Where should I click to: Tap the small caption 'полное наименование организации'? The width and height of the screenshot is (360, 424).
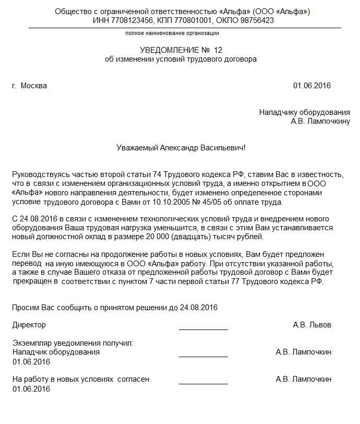[x=172, y=33]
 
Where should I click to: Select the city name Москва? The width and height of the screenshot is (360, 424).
[x=34, y=86]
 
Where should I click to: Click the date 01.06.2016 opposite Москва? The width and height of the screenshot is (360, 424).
[x=311, y=86]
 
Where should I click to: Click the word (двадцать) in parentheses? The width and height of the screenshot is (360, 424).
[x=196, y=237]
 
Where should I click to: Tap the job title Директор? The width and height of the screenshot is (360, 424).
[x=29, y=325]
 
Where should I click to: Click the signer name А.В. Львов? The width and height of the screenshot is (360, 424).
[x=312, y=325]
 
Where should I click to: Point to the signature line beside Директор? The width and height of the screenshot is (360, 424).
[x=203, y=329]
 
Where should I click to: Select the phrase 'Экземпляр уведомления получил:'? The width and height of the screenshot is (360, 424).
[x=73, y=343]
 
